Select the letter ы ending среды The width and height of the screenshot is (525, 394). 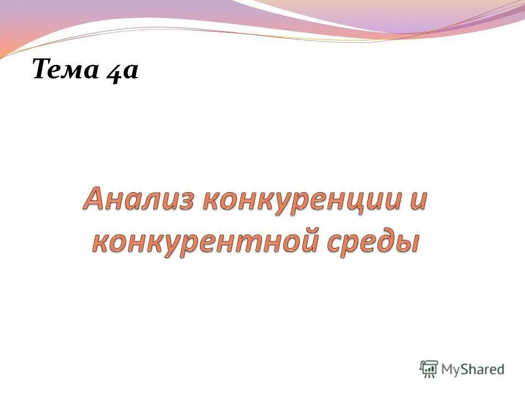click(x=409, y=242)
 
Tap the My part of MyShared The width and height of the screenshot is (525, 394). click(x=451, y=369)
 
